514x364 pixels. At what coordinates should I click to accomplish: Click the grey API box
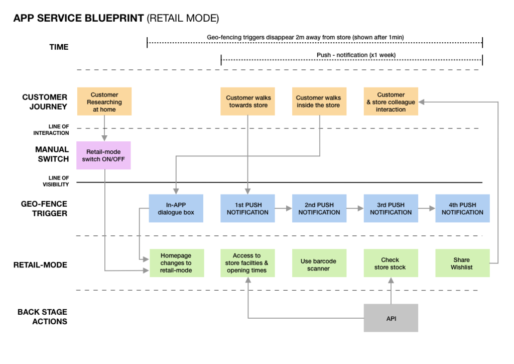tap(391, 318)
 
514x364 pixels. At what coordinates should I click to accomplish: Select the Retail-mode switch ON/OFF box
tap(103, 155)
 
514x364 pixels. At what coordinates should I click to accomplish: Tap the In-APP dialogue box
tap(176, 209)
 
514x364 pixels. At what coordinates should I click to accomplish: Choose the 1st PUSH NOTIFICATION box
tap(247, 209)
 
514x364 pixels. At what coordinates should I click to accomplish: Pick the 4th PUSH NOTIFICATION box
tap(462, 209)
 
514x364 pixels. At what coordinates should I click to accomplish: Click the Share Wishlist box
tap(462, 263)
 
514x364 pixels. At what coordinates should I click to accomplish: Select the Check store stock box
tap(390, 263)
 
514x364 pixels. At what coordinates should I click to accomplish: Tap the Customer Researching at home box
tap(104, 102)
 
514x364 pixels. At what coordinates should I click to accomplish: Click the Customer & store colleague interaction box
tap(391, 102)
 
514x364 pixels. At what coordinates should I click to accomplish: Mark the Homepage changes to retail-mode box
tap(176, 262)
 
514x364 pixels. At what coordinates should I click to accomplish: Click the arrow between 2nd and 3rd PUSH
tap(355, 208)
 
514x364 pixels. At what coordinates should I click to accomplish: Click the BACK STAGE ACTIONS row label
tap(43, 317)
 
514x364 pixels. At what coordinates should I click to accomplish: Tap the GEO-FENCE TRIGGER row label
tap(45, 209)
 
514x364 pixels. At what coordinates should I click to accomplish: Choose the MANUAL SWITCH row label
tap(52, 154)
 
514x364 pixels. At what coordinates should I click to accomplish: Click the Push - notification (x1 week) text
tap(351, 55)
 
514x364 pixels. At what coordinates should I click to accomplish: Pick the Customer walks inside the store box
tap(318, 102)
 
